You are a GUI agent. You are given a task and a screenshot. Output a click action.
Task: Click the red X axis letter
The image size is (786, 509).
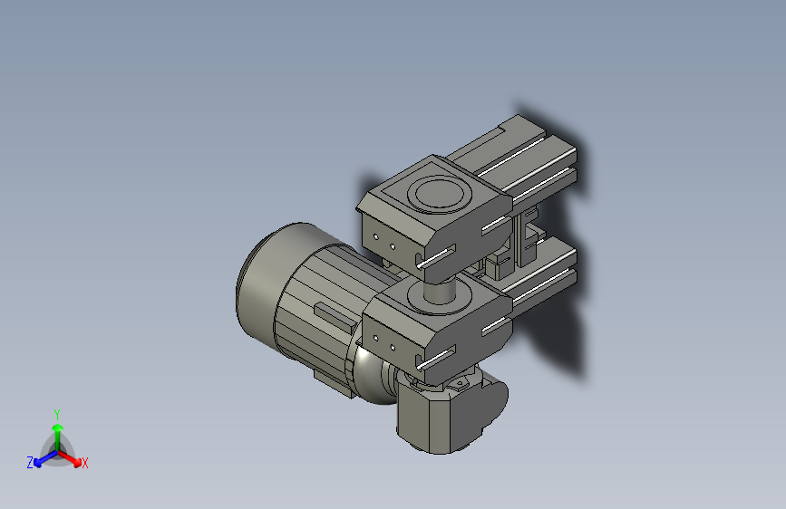click(85, 464)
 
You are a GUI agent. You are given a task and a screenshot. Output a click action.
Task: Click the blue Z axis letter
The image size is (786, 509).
click(30, 463)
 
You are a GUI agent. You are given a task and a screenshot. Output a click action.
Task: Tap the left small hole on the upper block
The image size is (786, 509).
click(375, 238)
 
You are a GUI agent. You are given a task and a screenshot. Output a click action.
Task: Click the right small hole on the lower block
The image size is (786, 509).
click(392, 345)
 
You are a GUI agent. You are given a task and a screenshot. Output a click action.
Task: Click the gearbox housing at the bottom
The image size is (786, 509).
click(449, 417)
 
